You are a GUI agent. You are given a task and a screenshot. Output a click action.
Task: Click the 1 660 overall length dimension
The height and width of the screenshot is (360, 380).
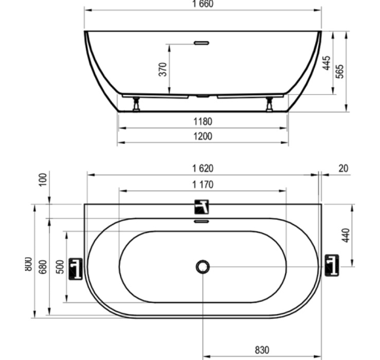pyautogui.click(x=203, y=4)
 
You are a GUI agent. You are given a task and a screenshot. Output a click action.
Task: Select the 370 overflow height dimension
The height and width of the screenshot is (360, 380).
pyautogui.click(x=163, y=69)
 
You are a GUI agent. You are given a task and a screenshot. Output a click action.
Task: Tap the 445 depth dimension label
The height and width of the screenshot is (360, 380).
pyautogui.click(x=326, y=63)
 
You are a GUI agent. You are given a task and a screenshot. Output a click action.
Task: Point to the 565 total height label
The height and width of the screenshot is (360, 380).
pyautogui.click(x=340, y=71)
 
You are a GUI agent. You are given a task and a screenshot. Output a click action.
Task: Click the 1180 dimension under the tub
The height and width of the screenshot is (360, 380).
pyautogui.click(x=203, y=122)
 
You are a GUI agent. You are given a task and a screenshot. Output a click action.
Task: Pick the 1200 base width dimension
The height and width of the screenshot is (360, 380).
pyautogui.click(x=203, y=137)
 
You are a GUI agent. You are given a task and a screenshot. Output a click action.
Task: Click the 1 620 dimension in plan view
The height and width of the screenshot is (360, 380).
pyautogui.click(x=203, y=168)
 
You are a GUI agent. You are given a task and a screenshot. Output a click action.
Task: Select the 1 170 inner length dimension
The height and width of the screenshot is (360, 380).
pyautogui.click(x=203, y=185)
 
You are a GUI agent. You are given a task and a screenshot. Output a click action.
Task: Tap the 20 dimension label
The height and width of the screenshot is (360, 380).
pyautogui.click(x=343, y=168)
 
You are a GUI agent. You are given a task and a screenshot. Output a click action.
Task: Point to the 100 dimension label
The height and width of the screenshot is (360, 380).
pyautogui.click(x=43, y=179)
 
